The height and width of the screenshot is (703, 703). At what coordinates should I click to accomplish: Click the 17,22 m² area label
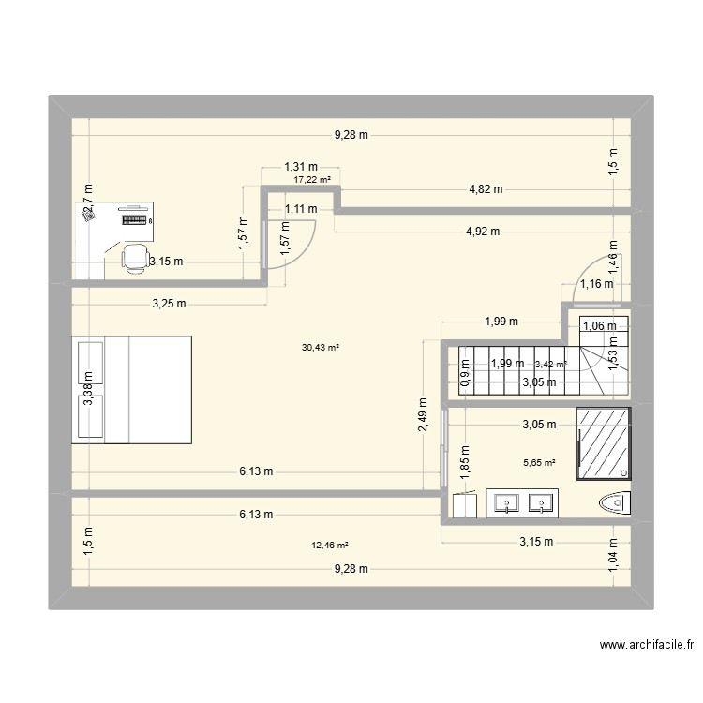312,180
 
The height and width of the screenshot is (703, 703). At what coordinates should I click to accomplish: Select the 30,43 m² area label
320,347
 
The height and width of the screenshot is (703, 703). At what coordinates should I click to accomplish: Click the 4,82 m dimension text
486,189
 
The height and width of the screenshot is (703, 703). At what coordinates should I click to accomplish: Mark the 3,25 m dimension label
169,304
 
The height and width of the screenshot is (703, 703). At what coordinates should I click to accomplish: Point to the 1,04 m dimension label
614,555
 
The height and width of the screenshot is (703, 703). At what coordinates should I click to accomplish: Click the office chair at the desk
137,256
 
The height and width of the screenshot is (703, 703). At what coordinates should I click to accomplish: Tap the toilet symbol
615,504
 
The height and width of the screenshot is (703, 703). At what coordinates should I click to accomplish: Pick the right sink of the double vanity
542,504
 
